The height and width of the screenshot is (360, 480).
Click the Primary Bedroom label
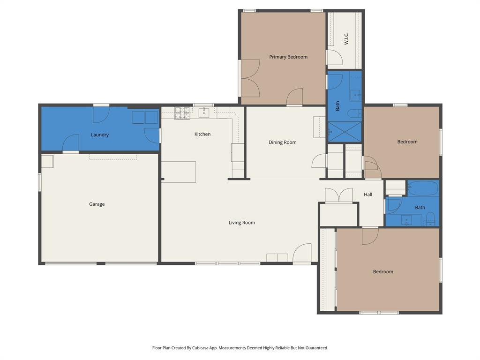(x=288, y=57)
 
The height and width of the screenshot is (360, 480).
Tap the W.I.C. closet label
(x=346, y=38)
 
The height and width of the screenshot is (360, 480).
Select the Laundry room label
(x=100, y=135)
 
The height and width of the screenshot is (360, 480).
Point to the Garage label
(x=97, y=204)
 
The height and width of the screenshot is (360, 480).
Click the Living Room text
(x=242, y=223)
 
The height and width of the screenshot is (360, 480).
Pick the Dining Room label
(x=283, y=142)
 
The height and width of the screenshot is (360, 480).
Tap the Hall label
(x=368, y=195)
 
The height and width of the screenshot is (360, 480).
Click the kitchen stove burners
(x=182, y=113)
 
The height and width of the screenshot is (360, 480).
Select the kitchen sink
(x=204, y=113)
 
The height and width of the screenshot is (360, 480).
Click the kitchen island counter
(x=179, y=172)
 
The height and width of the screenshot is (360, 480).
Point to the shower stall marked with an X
(x=345, y=131)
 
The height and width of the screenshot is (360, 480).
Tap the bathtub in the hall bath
(x=423, y=188)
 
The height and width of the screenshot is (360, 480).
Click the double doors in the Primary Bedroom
(x=250, y=78)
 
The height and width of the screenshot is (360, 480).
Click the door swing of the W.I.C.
(x=334, y=57)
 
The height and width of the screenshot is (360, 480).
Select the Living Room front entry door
(x=302, y=254)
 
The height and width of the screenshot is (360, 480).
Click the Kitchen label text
(x=202, y=134)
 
